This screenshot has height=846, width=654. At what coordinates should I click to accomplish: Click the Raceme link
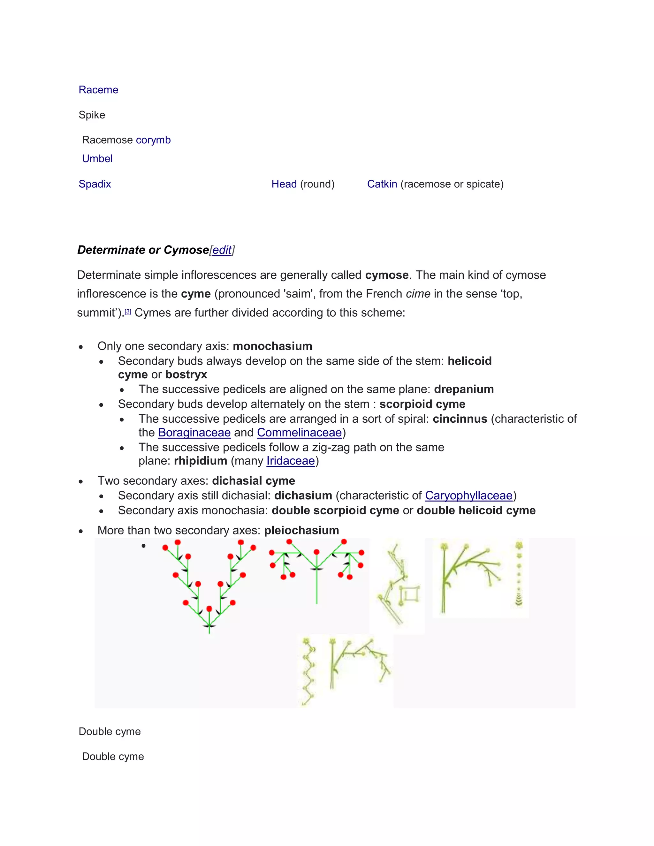tap(98, 90)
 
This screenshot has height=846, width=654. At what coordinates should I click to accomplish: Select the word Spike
tap(92, 115)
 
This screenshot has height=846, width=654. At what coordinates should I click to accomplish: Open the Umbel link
tap(97, 159)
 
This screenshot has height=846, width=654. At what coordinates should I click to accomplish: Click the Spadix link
tap(95, 184)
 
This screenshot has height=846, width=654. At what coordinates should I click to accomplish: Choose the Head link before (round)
tap(284, 184)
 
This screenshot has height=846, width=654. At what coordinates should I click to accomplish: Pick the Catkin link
tap(382, 184)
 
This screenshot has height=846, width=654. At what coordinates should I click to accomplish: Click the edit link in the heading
tap(222, 250)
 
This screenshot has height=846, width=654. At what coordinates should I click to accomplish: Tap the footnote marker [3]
tap(128, 312)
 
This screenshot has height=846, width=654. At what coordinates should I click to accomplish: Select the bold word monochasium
tap(272, 346)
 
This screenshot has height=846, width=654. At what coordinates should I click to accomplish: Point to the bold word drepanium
tap(464, 389)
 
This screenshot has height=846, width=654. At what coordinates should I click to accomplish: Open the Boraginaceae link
tap(194, 432)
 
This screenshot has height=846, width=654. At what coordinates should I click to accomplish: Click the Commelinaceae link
tap(300, 432)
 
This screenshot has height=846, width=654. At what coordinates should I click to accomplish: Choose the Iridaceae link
tap(291, 461)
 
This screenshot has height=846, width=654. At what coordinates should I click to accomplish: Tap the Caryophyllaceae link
tap(469, 495)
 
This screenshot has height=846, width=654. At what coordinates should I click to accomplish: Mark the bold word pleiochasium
tap(301, 530)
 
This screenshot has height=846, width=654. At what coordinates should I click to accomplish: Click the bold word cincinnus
tap(460, 419)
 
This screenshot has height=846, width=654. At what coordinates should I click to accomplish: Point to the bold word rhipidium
tap(200, 461)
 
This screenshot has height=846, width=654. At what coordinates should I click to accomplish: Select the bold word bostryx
tap(186, 374)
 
